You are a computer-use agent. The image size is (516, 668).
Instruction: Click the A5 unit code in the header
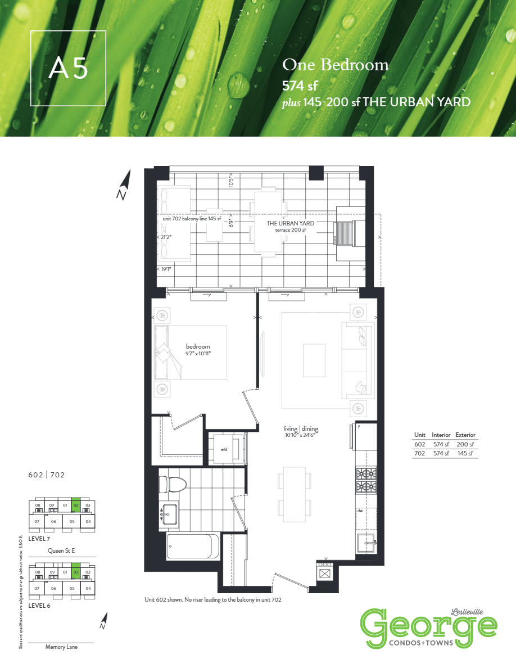coord(69,69)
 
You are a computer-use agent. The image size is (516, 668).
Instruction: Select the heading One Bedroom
coord(335,65)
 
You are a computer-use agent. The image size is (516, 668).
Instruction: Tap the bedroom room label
coord(198,346)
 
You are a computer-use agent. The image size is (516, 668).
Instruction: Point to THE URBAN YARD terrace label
coord(290,224)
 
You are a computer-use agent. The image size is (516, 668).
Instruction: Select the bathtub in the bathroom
coord(189,546)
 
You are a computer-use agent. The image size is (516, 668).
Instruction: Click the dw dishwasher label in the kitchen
coord(360,511)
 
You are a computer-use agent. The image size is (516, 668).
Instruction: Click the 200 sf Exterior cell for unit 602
coord(465,444)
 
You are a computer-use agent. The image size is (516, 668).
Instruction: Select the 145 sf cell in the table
coord(465,454)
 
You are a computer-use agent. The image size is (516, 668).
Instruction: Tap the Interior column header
coord(441,435)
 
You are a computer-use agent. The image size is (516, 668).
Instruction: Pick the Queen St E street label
coord(62,550)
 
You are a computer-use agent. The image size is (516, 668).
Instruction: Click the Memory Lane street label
coord(61,647)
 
